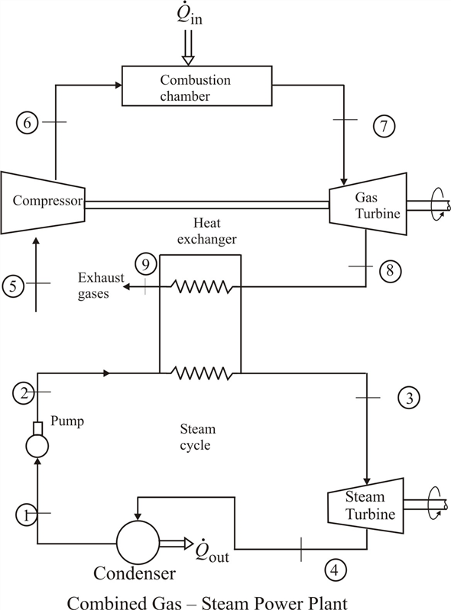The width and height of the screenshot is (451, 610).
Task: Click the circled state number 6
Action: click(x=27, y=123)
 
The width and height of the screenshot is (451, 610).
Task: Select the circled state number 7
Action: click(x=384, y=126)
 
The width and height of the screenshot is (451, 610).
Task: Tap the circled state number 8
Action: click(x=390, y=270)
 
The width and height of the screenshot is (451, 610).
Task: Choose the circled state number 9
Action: click(x=146, y=265)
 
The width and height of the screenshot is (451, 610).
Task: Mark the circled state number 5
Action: click(x=13, y=286)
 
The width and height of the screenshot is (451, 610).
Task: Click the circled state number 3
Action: click(x=409, y=398)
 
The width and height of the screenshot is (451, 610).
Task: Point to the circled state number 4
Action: click(x=335, y=570)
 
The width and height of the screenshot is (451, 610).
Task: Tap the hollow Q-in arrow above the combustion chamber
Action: click(x=188, y=47)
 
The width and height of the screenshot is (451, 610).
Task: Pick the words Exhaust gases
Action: click(x=101, y=286)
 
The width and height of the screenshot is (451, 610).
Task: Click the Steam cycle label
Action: click(x=197, y=437)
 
